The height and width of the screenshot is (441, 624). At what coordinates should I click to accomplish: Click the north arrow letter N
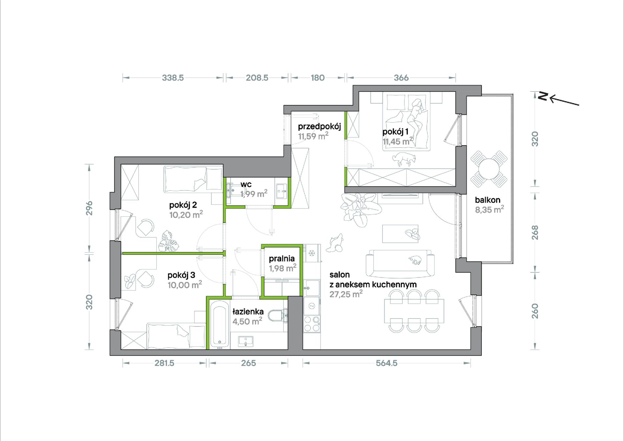click(543, 96)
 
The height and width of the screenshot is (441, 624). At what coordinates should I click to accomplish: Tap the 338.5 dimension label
click(173, 78)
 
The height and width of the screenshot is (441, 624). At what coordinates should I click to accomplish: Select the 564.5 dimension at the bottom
click(387, 363)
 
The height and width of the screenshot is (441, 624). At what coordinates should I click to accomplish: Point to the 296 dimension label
click(89, 208)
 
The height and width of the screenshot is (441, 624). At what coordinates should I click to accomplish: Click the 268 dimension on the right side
click(535, 232)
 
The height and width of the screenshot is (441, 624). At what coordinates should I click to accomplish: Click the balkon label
click(488, 200)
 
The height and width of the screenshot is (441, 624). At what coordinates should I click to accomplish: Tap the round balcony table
click(489, 169)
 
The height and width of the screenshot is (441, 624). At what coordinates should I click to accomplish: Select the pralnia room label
click(281, 259)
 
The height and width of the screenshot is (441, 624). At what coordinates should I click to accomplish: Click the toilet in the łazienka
click(277, 316)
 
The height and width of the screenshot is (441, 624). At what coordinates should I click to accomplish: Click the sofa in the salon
click(400, 264)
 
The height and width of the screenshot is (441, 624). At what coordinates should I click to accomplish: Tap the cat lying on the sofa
click(415, 260)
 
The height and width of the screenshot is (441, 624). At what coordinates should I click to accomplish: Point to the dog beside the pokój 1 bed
click(404, 159)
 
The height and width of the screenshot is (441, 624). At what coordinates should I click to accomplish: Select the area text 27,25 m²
click(346, 294)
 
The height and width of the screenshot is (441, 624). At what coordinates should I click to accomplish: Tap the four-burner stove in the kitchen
click(312, 323)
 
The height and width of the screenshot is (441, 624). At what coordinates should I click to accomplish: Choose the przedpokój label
click(319, 127)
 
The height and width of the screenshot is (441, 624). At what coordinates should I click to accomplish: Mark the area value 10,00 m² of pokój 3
click(185, 285)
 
